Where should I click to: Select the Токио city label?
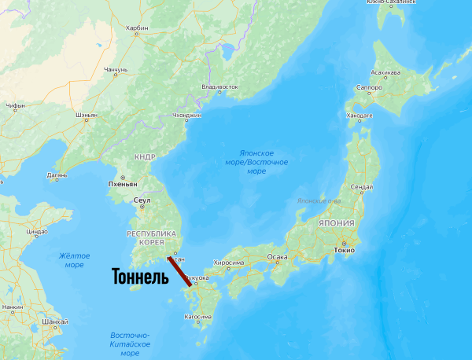344,250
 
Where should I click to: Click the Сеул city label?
142,200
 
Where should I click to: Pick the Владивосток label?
219,86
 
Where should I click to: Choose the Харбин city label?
137,28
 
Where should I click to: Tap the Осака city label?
277,257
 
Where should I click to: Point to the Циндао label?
38,232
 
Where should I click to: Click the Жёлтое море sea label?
74,260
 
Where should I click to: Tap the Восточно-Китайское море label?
130,344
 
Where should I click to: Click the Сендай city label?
361,187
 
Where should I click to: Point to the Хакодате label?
360,115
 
